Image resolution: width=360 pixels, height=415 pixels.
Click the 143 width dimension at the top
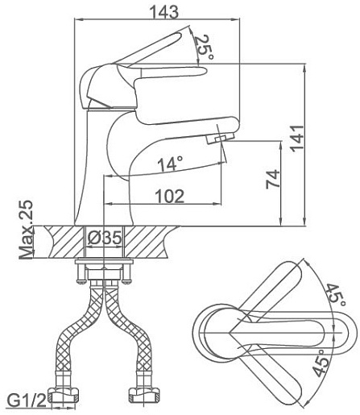163,12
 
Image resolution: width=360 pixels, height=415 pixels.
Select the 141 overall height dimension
298,139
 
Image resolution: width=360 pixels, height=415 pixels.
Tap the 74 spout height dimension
273,179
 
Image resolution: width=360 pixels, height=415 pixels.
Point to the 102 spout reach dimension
170,197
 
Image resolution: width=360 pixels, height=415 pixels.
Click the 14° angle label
170,164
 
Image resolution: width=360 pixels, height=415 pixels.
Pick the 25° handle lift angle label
205,48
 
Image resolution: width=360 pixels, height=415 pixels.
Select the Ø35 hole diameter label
105,238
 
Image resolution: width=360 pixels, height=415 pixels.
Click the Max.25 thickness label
27,230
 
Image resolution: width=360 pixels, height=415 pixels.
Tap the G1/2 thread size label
27,401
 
